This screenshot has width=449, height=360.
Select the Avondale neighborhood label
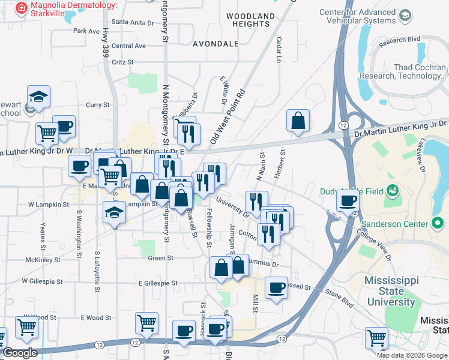[215, 44]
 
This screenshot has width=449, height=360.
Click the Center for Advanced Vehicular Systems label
[366, 16]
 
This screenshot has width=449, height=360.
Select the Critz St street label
[122, 62]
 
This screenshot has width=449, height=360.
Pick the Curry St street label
[98, 104]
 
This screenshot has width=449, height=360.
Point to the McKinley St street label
[41, 260]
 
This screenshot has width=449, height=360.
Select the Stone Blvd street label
[340, 293]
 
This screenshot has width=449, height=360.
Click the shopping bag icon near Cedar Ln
[298, 121]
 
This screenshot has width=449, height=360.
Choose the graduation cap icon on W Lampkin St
[113, 212]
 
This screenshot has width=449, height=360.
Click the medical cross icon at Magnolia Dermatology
[22, 7]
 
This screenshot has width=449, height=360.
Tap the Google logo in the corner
[19, 353]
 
